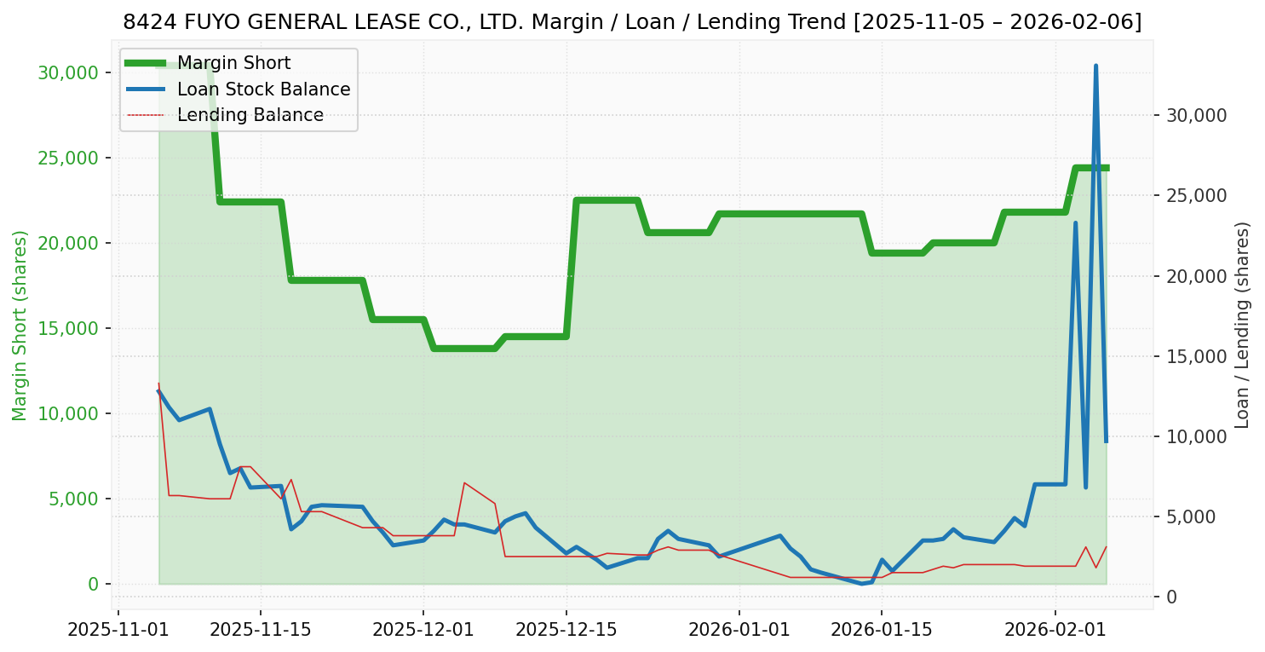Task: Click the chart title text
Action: click(x=632, y=22)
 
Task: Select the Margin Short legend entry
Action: click(x=233, y=63)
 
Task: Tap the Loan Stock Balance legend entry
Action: click(x=263, y=89)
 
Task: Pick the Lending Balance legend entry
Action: click(x=250, y=115)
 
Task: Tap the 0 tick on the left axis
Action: click(x=94, y=584)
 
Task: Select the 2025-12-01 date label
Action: click(x=423, y=631)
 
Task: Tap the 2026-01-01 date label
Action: click(x=739, y=631)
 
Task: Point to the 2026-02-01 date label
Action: click(x=1055, y=631)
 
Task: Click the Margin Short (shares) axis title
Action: click(x=20, y=326)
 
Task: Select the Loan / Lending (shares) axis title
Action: click(x=1242, y=325)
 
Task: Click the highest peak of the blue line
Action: click(x=1095, y=66)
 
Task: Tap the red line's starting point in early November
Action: click(x=158, y=384)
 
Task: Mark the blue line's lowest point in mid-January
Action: click(x=861, y=584)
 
